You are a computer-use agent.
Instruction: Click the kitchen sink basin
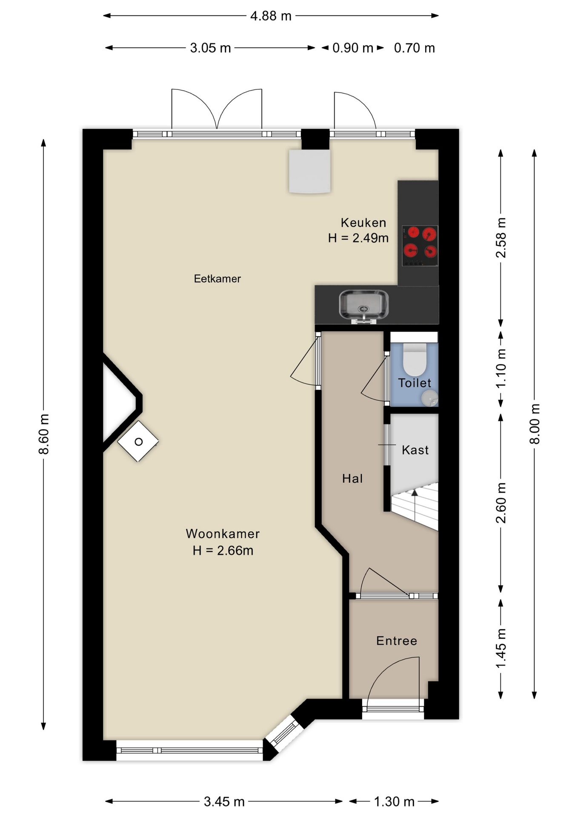pyautogui.click(x=363, y=304)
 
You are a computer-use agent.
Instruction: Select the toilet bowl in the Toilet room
pyautogui.click(x=414, y=360)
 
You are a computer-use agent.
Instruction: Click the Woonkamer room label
pyautogui.click(x=223, y=534)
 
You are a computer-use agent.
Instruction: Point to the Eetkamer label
pyautogui.click(x=217, y=279)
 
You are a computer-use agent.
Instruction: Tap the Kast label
pyautogui.click(x=415, y=450)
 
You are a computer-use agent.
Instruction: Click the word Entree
pyautogui.click(x=396, y=641)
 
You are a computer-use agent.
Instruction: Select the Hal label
pyautogui.click(x=352, y=479)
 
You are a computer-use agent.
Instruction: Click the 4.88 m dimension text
pyautogui.click(x=271, y=16)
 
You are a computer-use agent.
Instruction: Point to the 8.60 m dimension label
pyautogui.click(x=44, y=434)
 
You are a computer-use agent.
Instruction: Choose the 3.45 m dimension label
pyautogui.click(x=224, y=802)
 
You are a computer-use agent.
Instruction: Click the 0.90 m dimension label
pyautogui.click(x=352, y=48)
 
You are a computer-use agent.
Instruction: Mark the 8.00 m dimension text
pyautogui.click(x=535, y=424)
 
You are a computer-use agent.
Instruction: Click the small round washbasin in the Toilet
pyautogui.click(x=429, y=398)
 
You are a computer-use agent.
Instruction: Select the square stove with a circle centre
pyautogui.click(x=138, y=442)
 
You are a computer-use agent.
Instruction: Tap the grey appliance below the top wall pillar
pyautogui.click(x=309, y=171)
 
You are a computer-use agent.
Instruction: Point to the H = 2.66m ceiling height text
pyautogui.click(x=223, y=551)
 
